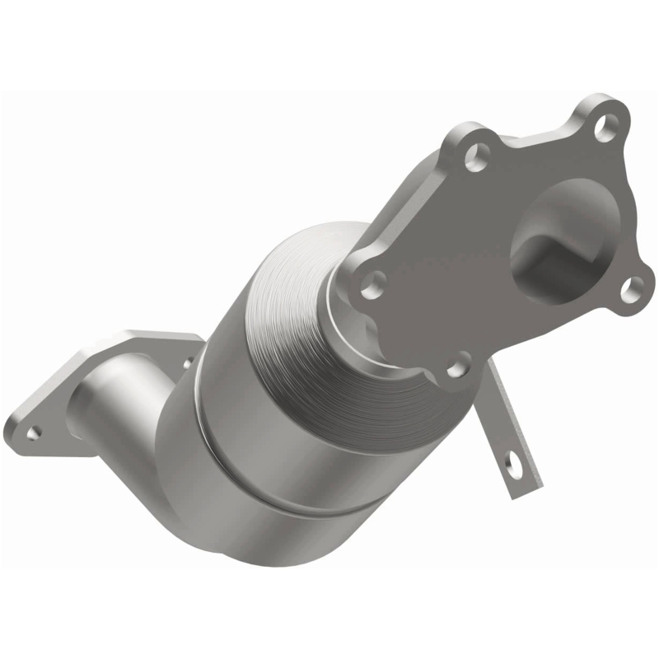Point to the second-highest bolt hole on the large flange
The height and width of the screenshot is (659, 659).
(475, 156)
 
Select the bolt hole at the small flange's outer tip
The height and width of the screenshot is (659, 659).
(33, 431)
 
